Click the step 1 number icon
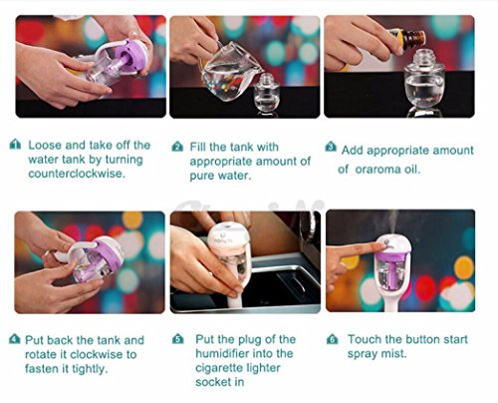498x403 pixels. pos(16,145)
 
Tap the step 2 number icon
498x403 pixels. pos(177,147)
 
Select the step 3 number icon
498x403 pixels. pos(331,147)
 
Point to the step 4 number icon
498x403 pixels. pos(14,339)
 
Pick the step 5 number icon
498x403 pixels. pos(178,339)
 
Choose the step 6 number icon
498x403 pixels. pos(333,339)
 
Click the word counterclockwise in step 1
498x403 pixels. pos(77,174)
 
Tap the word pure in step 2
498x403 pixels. pos(201,176)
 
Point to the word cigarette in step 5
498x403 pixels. pos(221,368)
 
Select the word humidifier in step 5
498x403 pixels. pos(244,353)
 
